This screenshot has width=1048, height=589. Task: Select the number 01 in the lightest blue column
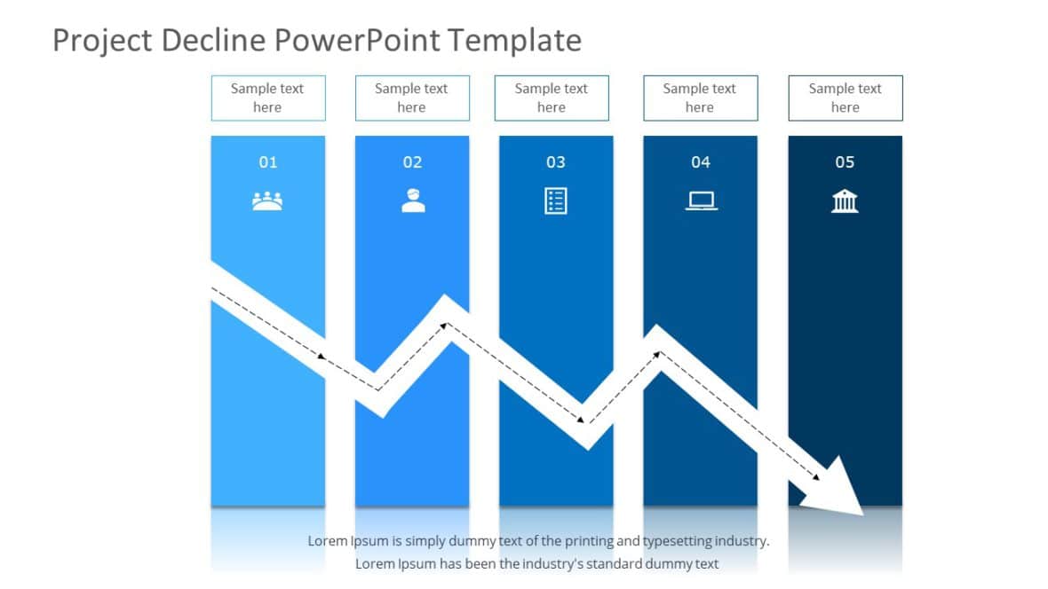click(x=267, y=162)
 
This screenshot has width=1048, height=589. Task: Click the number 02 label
click(x=412, y=162)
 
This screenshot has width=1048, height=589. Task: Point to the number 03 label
click(x=556, y=162)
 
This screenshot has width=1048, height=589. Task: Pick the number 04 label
click(x=701, y=162)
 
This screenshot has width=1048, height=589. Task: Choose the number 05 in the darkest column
click(x=845, y=162)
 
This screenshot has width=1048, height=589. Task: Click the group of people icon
click(x=267, y=201)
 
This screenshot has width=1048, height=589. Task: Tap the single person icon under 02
click(x=413, y=200)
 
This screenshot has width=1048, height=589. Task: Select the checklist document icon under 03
click(x=556, y=200)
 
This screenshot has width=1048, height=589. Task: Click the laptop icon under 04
click(x=701, y=201)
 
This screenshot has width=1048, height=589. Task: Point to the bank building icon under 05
click(x=845, y=201)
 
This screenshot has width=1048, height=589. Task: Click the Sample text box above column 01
click(x=267, y=98)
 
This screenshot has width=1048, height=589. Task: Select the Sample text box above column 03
click(x=552, y=98)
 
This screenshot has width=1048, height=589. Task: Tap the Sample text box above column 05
click(x=845, y=98)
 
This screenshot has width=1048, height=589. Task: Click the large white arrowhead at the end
click(x=835, y=490)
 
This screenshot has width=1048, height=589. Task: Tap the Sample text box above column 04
click(x=700, y=98)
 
